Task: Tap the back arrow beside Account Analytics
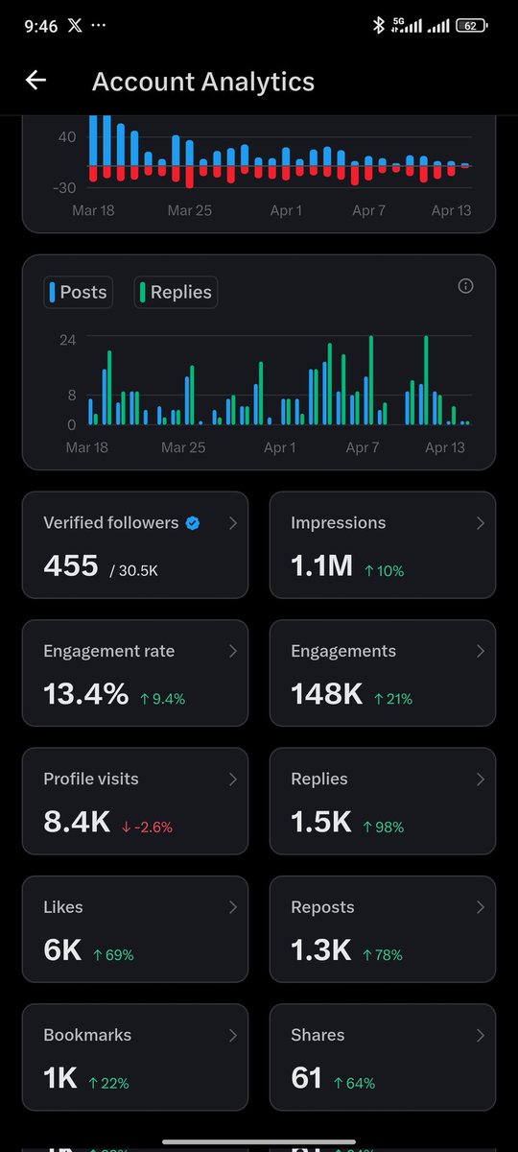[x=35, y=81]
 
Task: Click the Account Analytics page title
[x=202, y=82]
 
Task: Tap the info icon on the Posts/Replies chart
[x=465, y=286]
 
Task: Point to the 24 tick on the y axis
[x=67, y=339]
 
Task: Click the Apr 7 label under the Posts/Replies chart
[x=363, y=447]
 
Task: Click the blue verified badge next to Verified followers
[x=193, y=523]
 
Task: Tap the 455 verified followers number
[x=71, y=565]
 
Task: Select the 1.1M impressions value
[x=322, y=566]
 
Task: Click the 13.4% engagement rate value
[x=85, y=694]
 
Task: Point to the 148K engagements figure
[x=326, y=694]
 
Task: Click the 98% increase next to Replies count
[x=383, y=827]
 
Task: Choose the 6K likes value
[x=62, y=950]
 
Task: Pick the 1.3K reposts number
[x=321, y=950]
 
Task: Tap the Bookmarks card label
[x=87, y=1035]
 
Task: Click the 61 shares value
[x=306, y=1078]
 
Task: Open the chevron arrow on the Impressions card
[x=481, y=523]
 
